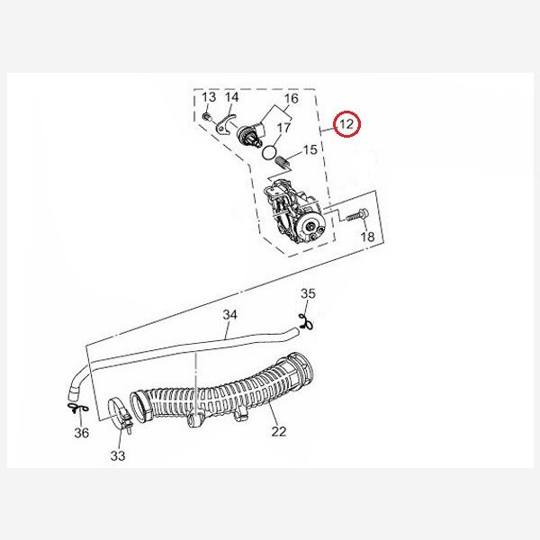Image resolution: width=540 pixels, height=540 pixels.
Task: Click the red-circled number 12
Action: [x=346, y=123]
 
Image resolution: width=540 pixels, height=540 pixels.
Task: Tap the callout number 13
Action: [x=209, y=97]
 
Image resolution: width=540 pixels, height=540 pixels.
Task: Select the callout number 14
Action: [x=232, y=97]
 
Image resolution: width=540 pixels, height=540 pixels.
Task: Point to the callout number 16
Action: [x=291, y=99]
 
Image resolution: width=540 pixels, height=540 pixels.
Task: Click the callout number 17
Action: [x=283, y=128]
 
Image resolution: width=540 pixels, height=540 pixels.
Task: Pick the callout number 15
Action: [x=310, y=149]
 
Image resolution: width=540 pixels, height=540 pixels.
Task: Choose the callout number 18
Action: [x=367, y=237]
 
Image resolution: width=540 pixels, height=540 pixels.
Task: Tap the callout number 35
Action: [x=308, y=293]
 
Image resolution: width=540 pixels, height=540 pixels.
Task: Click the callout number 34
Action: [x=230, y=314]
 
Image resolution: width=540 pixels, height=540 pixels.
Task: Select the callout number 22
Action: [x=279, y=431]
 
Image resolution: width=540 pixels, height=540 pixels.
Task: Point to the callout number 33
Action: [x=118, y=455]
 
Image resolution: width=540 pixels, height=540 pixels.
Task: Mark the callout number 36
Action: [x=82, y=433]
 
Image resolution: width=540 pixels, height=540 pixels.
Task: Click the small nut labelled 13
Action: [x=206, y=117]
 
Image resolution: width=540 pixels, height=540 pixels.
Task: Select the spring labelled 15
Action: [x=283, y=162]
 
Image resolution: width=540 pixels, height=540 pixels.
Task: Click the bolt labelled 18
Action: [x=357, y=215]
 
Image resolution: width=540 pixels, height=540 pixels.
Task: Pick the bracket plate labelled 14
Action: [x=225, y=124]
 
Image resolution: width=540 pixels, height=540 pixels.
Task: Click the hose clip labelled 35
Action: [x=306, y=323]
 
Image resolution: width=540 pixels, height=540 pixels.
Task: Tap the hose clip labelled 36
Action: [x=77, y=408]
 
